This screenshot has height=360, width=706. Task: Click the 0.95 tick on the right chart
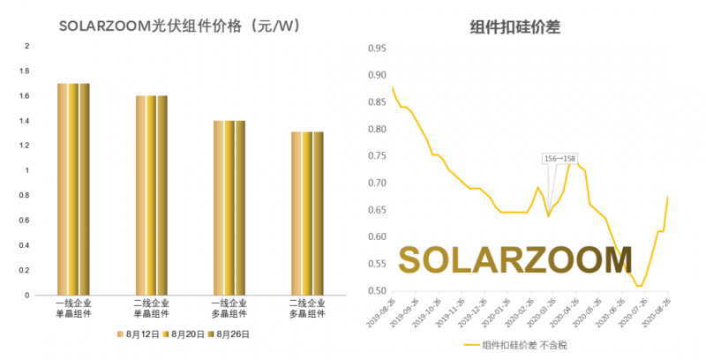(375, 48)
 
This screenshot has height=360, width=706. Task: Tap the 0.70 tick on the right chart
(375, 183)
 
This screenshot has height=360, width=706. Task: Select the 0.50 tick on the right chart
(375, 290)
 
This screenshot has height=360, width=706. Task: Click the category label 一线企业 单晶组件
(73, 307)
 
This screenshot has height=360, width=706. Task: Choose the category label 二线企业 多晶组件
(306, 307)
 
